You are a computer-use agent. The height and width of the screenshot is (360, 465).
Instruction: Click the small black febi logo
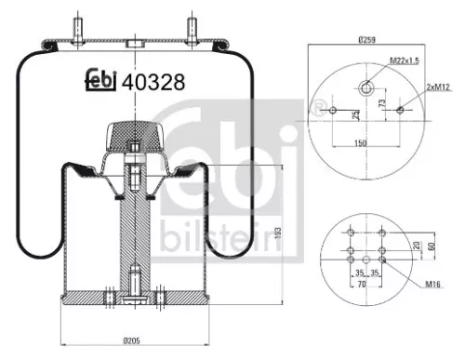tap(99, 81)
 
